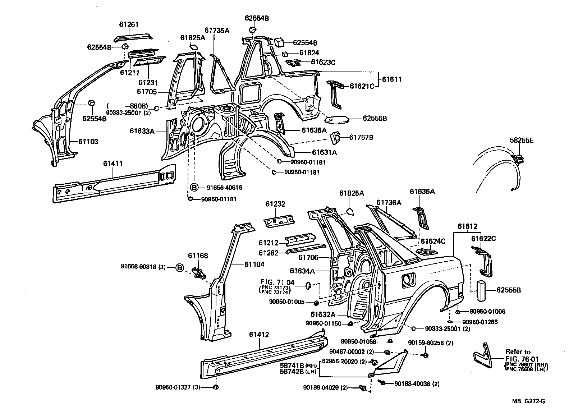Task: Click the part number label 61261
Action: [129, 24]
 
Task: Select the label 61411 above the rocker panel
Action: [113, 164]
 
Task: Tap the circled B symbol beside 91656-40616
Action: [194, 187]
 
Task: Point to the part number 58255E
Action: [522, 141]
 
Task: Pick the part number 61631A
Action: [324, 152]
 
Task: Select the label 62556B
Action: [374, 118]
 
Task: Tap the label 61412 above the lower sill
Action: [259, 335]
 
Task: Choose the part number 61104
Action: [254, 264]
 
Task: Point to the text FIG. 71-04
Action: [277, 283]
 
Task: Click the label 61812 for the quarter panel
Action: [467, 226]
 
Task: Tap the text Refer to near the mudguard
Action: [518, 351]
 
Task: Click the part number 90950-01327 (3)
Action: [178, 387]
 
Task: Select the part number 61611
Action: [391, 79]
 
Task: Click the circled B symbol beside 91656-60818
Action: [180, 267]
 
